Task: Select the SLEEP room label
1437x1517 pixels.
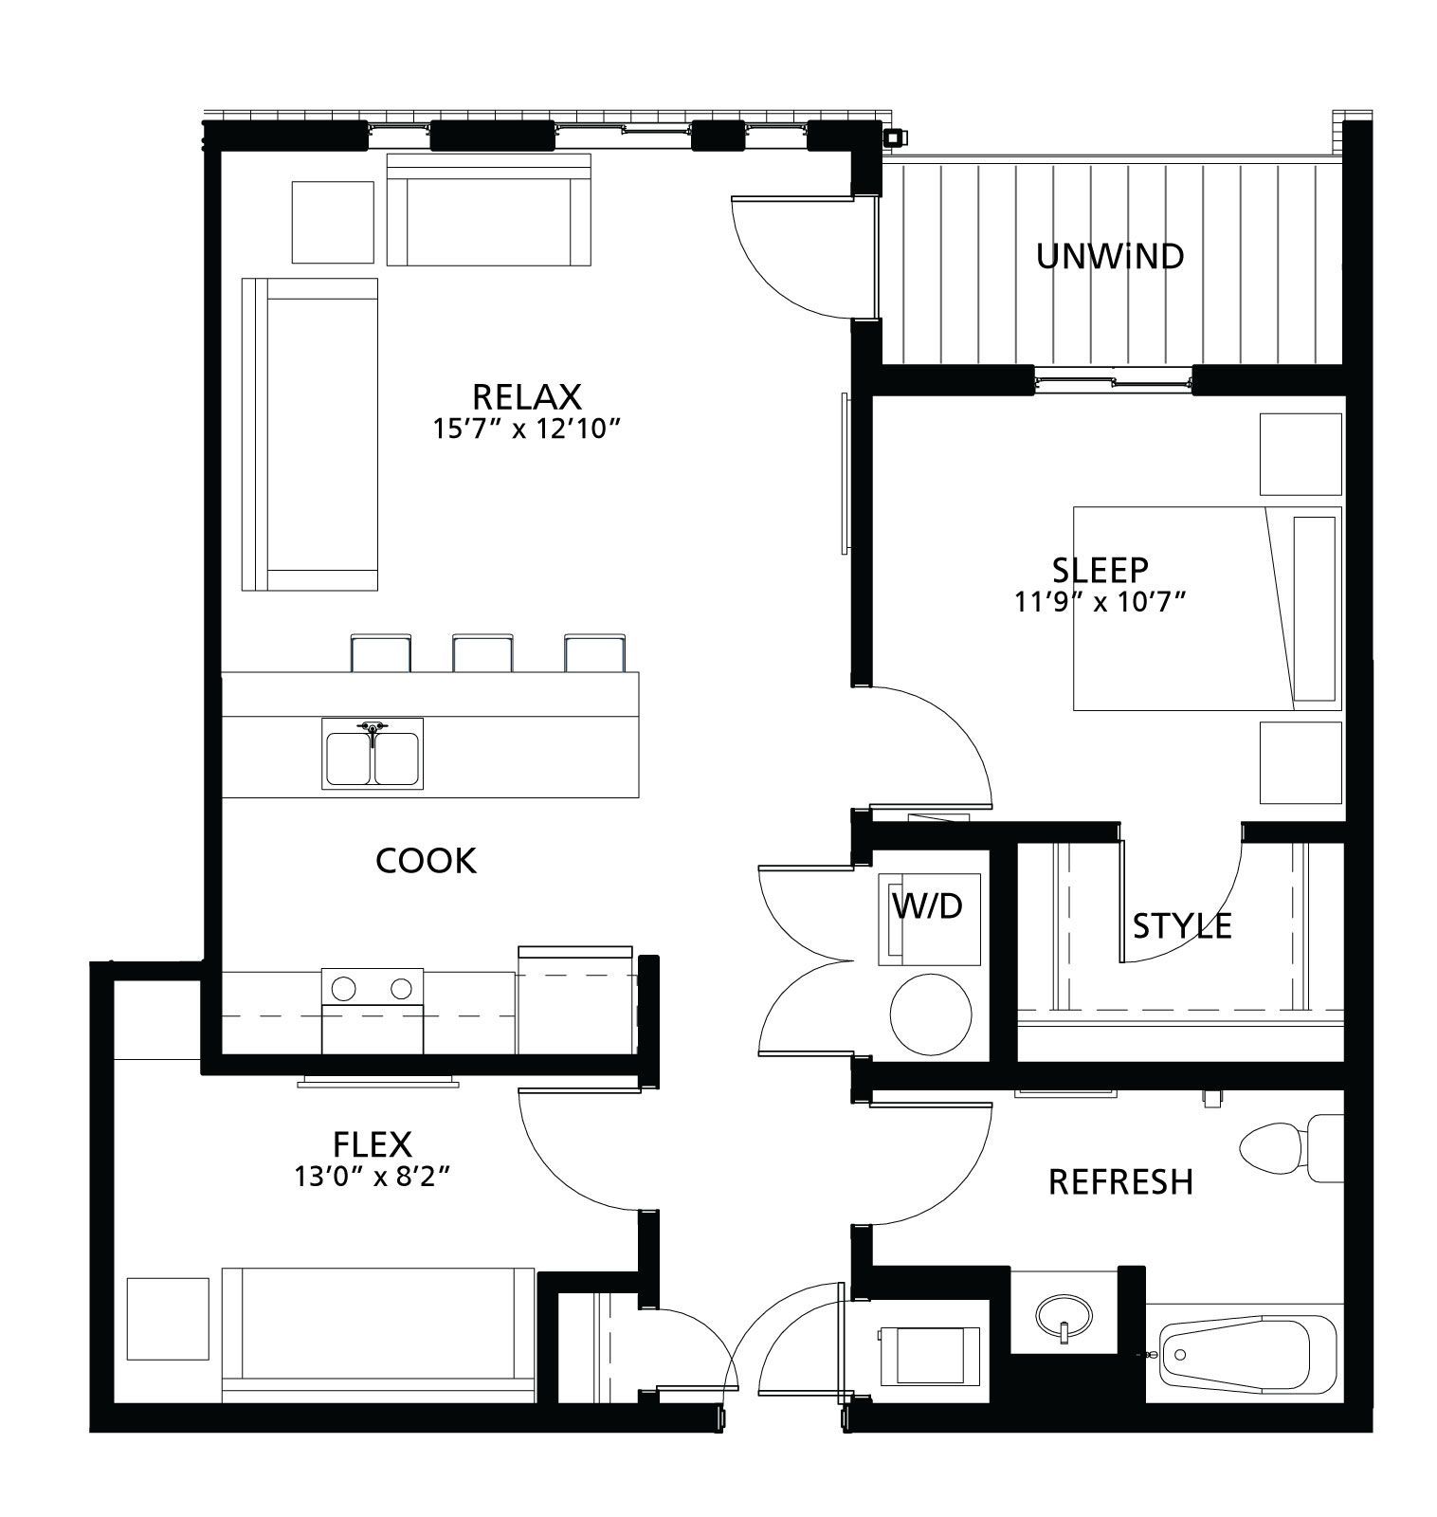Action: tap(1100, 570)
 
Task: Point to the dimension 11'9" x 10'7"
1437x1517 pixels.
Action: tap(1100, 602)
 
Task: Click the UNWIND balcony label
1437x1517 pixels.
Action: tap(1110, 257)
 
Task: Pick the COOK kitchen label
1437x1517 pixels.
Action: tap(426, 861)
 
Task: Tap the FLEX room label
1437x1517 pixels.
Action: tap(372, 1145)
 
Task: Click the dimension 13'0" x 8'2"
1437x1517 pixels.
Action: tap(372, 1178)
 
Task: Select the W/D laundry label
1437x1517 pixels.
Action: tap(927, 906)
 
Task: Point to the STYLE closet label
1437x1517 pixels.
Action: tap(1182, 925)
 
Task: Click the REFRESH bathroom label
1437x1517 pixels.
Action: tap(1120, 1182)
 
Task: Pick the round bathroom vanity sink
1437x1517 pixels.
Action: tap(1064, 1317)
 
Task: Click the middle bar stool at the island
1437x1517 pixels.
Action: tap(483, 653)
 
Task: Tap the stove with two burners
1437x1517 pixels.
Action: tap(373, 1011)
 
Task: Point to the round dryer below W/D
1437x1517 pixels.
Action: tap(931, 1014)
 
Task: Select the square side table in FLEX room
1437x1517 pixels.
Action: tap(168, 1319)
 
